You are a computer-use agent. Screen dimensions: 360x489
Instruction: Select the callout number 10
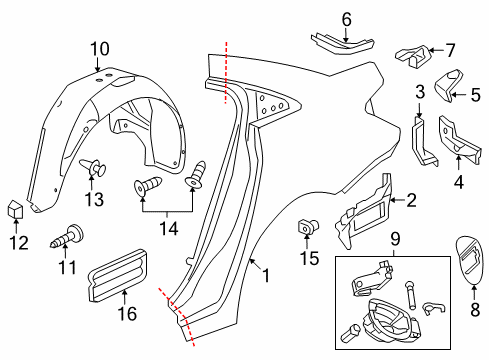pyautogui.click(x=100, y=48)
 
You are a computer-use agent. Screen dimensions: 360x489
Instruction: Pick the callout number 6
pyautogui.click(x=318, y=18)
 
